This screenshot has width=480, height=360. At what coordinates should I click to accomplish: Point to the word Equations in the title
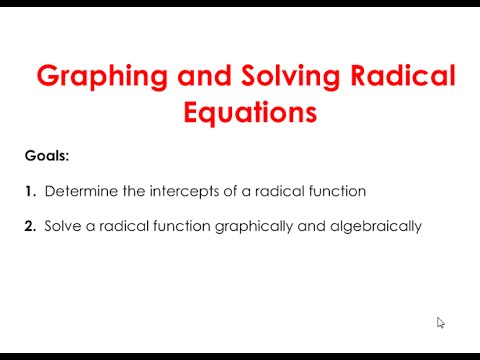[x=251, y=112]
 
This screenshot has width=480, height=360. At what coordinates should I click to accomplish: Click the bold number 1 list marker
[x=29, y=191]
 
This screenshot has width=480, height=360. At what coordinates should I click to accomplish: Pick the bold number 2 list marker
[x=30, y=226]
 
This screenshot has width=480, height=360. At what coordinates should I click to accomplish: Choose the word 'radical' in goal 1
[x=268, y=191]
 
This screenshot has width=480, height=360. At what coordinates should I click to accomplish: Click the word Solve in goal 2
[x=62, y=226]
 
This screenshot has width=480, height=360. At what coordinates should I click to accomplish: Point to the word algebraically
[x=372, y=227]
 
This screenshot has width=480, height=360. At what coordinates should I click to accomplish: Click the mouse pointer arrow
[x=440, y=322]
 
